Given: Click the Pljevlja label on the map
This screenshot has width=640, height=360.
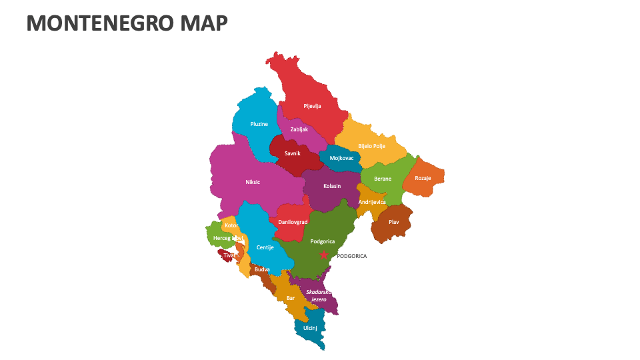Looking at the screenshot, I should (312, 106).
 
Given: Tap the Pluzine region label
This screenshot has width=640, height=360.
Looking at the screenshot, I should (259, 124).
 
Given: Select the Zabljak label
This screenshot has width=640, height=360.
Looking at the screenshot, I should (299, 129).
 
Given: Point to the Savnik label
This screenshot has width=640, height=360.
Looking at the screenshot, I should (292, 153).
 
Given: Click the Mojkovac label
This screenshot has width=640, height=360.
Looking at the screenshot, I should (341, 159).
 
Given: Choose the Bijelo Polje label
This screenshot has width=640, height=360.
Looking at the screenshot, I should (371, 146).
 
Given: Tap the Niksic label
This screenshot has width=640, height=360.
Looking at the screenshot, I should (253, 181).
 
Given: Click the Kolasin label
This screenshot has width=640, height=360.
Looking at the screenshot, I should (332, 186).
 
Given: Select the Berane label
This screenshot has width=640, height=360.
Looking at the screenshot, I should (383, 179).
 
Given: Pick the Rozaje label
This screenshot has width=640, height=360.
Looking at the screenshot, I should (423, 178).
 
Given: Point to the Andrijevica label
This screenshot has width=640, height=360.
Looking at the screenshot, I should (372, 202).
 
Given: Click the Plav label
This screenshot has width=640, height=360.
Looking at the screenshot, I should (394, 222).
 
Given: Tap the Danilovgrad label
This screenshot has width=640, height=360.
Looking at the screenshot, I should (293, 222).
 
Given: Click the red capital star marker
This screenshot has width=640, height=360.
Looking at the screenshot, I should (324, 255).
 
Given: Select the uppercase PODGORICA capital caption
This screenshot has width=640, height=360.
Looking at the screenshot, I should (351, 256).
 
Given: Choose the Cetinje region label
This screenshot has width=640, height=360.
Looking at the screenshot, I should (265, 247).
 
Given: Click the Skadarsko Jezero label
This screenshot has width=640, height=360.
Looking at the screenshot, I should (318, 296).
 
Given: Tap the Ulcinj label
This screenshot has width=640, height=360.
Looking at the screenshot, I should (310, 328).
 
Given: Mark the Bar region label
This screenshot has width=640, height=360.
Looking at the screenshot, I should (291, 298).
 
